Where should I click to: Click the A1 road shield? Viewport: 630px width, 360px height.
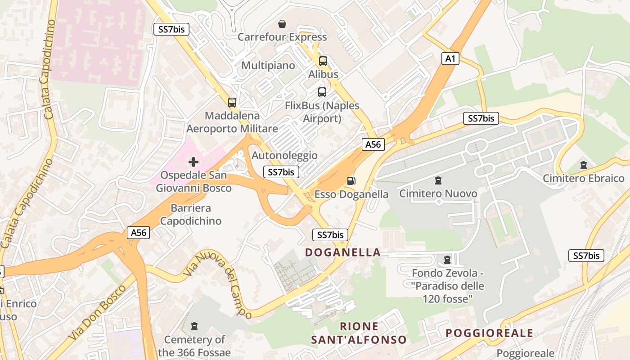[x=450, y=58]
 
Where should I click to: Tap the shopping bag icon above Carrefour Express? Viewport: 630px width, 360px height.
[x=282, y=24]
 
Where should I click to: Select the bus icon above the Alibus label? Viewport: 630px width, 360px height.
[x=323, y=61]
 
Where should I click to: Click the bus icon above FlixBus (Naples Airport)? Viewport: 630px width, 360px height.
[x=322, y=92]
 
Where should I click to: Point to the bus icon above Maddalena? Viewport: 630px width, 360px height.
[x=232, y=103]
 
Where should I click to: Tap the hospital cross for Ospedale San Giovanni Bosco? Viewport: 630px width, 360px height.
[x=193, y=162]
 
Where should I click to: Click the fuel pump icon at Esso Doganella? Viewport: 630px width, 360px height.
[x=351, y=181]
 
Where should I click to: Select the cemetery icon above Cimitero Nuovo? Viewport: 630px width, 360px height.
[x=438, y=181]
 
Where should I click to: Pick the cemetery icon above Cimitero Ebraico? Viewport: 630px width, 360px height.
[x=584, y=165]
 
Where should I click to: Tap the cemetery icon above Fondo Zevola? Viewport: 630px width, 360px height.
[x=447, y=260]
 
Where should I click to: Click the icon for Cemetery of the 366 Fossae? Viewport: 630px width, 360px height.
[x=194, y=326]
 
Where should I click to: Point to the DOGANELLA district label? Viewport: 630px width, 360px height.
[x=343, y=252]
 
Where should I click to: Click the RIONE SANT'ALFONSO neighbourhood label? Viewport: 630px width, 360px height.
[x=359, y=333]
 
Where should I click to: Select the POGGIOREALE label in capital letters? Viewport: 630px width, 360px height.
[x=489, y=333]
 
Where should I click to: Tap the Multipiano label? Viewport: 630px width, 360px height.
[x=268, y=66]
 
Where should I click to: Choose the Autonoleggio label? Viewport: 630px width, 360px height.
[x=284, y=156]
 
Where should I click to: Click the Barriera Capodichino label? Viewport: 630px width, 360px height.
[x=191, y=215]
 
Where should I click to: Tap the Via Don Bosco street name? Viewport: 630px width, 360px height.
[x=96, y=313]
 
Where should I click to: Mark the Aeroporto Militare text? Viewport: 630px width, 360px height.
[x=232, y=129]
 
